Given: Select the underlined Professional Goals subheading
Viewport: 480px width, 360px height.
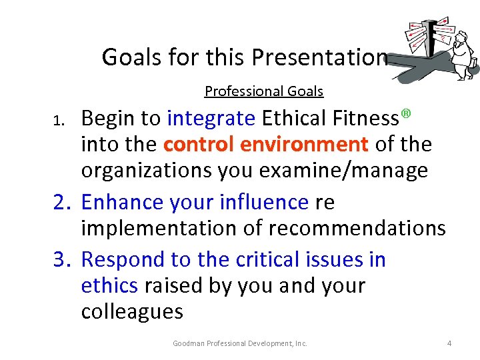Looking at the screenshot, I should pyautogui.click(x=263, y=91).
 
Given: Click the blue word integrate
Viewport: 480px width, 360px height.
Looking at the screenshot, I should pyautogui.click(x=211, y=119).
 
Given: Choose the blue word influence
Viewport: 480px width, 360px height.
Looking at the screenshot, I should pyautogui.click(x=263, y=201).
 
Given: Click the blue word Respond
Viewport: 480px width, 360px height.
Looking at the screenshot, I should pyautogui.click(x=122, y=260).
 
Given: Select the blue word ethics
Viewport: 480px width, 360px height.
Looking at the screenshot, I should pyautogui.click(x=109, y=286).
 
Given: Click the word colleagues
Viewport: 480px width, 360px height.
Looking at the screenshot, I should pyautogui.click(x=131, y=312).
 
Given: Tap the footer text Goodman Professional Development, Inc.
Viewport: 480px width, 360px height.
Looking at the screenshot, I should pyautogui.click(x=240, y=343).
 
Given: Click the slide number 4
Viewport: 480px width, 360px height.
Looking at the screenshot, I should pyautogui.click(x=449, y=343).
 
